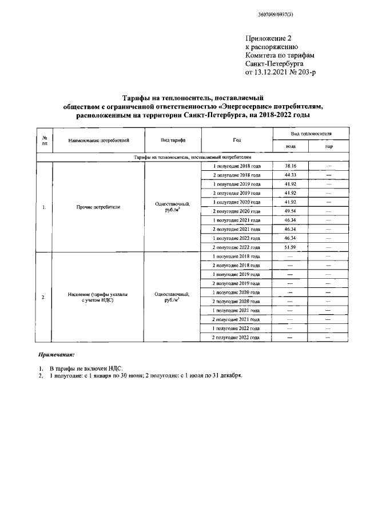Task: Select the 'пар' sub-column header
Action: pyautogui.click(x=328, y=147)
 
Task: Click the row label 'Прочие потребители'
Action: pyautogui.click(x=98, y=206)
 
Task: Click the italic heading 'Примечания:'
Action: pyautogui.click(x=56, y=355)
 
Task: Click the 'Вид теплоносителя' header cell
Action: pyautogui.click(x=309, y=133)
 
